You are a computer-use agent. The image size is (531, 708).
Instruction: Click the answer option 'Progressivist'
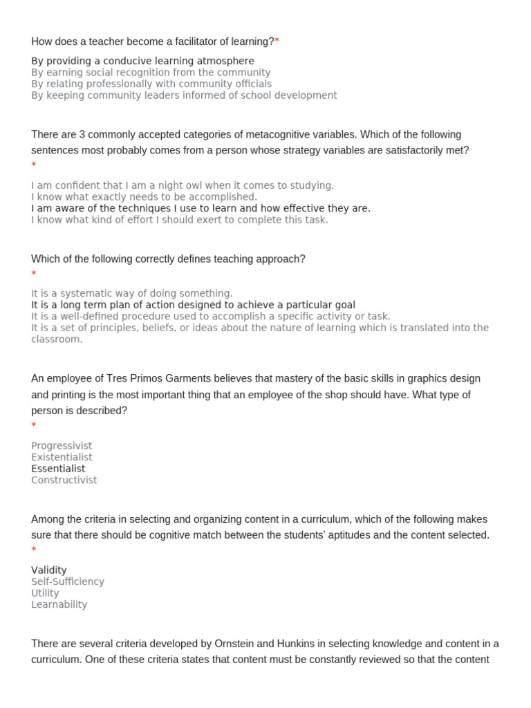tap(62, 446)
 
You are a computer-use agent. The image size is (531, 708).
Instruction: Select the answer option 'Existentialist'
tap(62, 457)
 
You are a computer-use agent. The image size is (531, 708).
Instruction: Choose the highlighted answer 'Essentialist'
tap(58, 469)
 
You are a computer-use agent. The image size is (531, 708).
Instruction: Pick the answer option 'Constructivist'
tap(64, 480)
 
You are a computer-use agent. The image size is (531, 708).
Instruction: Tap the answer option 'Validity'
tap(49, 570)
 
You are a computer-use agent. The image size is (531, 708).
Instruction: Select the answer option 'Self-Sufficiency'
tap(68, 581)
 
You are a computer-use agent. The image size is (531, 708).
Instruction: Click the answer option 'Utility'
tap(45, 593)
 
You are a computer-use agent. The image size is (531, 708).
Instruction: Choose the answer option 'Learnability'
tap(59, 604)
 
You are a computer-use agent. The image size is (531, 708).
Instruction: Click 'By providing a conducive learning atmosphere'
tap(142, 61)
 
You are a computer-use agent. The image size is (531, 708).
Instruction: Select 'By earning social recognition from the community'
tap(151, 73)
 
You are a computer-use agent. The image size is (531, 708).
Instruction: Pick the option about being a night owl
tap(183, 185)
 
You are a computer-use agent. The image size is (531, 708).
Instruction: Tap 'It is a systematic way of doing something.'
tap(132, 293)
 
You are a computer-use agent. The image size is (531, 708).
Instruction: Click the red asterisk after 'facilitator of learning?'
tap(277, 41)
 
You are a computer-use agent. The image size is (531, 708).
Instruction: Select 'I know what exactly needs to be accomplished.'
tap(144, 197)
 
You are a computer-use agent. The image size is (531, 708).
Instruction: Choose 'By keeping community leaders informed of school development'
tap(184, 95)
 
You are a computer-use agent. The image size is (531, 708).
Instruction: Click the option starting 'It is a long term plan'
tap(193, 305)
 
